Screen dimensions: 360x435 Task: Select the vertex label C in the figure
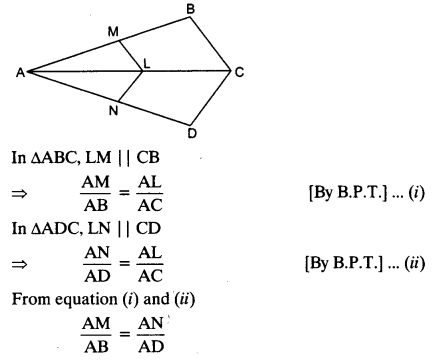click(x=240, y=71)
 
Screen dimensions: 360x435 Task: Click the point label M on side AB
click(x=111, y=32)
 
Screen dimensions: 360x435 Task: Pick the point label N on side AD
click(x=114, y=110)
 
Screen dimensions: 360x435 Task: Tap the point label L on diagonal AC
click(x=147, y=62)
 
